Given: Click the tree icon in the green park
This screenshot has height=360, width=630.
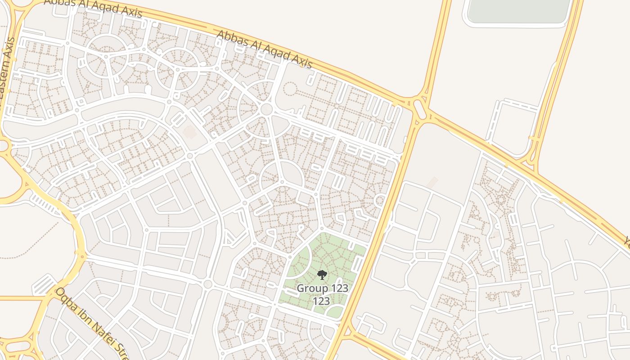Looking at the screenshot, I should click(x=322, y=274).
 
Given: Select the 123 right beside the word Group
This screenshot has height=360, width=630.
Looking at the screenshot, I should click(x=339, y=288).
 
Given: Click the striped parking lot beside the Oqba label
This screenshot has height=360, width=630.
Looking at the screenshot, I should click(x=44, y=284).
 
